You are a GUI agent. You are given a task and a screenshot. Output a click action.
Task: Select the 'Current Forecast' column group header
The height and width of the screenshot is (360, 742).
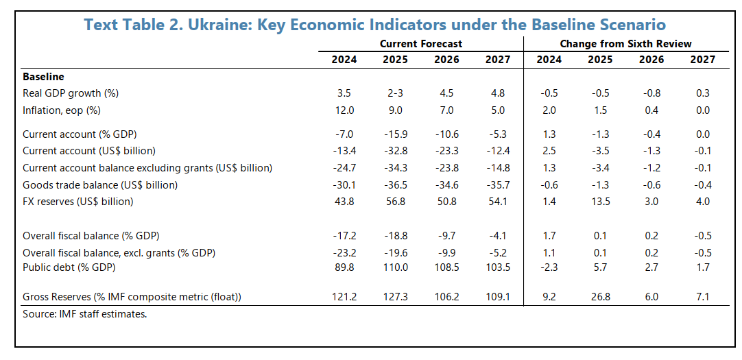[x=421, y=43]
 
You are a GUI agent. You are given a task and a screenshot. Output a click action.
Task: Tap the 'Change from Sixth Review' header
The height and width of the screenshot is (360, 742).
[x=625, y=43]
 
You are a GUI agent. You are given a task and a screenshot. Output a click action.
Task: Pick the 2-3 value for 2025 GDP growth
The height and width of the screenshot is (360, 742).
[x=395, y=93]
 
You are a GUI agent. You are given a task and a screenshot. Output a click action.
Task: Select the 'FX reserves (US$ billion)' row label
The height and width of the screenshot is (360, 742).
[x=77, y=201]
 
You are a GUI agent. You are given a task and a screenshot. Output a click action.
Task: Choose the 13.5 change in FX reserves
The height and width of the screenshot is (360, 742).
[x=600, y=201]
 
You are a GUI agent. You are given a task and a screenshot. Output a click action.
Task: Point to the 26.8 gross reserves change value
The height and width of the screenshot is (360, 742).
[x=600, y=296]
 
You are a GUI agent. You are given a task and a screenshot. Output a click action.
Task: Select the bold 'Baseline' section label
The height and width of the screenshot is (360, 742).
[x=43, y=77]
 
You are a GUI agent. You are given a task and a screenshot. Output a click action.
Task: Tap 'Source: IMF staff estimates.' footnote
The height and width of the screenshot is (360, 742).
[x=85, y=314]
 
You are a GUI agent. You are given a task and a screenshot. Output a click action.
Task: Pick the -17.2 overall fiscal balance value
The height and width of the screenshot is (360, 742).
[x=344, y=236]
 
